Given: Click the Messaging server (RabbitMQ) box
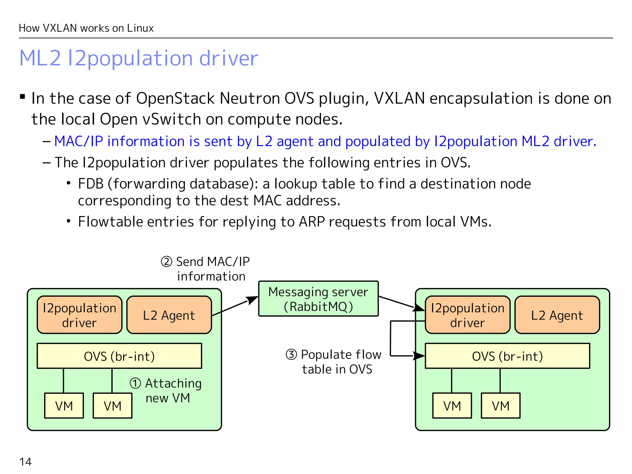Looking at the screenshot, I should [318, 299].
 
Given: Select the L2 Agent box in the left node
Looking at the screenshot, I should [169, 315].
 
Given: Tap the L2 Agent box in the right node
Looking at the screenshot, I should [557, 315].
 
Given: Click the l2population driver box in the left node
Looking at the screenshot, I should [80, 315].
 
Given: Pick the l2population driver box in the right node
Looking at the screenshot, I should [468, 315].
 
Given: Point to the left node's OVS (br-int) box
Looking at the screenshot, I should [119, 356].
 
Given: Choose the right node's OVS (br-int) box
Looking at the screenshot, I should [507, 356].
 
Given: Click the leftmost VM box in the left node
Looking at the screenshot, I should [64, 406].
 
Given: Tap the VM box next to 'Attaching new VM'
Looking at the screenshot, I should [113, 406].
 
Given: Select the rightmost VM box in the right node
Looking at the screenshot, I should [501, 406].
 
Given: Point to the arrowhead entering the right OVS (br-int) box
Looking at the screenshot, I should [419, 356].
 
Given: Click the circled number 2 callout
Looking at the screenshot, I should [166, 262].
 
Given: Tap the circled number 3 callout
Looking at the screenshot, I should [291, 355].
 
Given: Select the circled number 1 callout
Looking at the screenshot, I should [135, 384].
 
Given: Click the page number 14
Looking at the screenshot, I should [25, 462].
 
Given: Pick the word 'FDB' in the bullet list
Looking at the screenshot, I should [90, 184].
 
